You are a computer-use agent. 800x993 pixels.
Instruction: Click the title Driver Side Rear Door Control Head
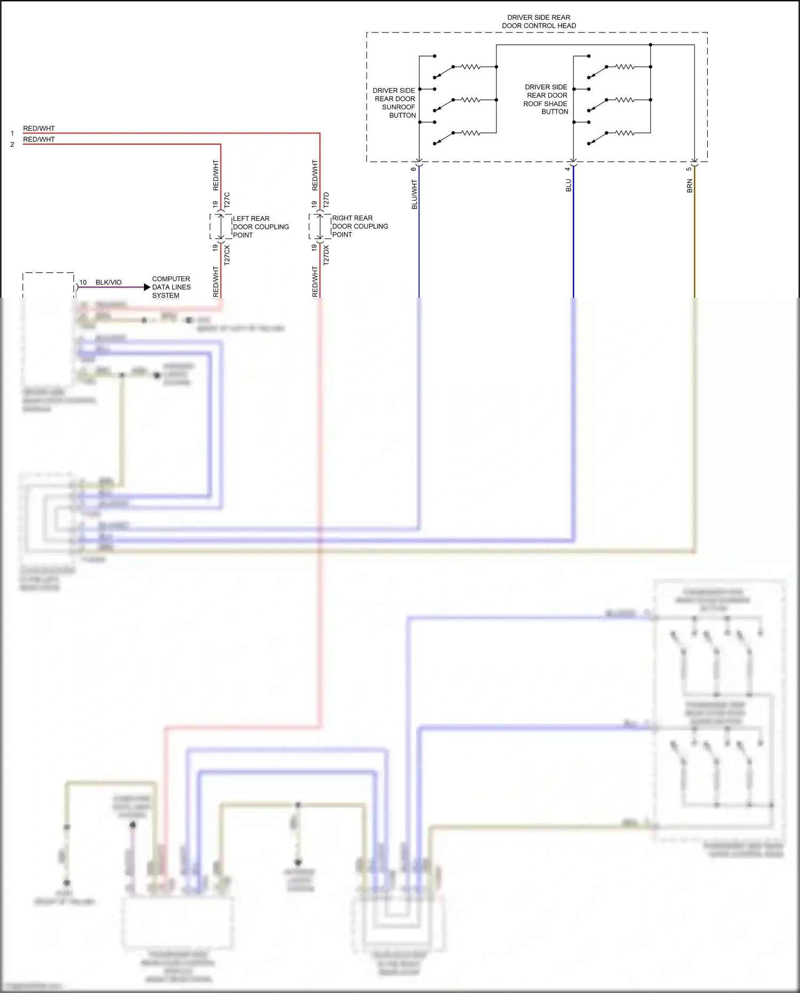pos(539,21)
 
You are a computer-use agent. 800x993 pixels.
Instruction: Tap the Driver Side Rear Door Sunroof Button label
pos(395,102)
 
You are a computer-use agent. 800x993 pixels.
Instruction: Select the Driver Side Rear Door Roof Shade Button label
pos(546,99)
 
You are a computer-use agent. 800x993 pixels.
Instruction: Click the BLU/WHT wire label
pos(414,194)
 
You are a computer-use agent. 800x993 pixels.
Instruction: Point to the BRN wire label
pos(690,186)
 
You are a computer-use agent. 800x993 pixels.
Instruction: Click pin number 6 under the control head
pos(413,169)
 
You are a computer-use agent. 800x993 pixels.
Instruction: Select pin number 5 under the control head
pos(689,169)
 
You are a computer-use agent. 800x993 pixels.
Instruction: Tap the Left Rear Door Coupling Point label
pos(260,227)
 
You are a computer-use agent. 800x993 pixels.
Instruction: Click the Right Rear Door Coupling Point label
pos(359,226)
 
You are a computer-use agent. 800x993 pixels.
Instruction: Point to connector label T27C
pos(227,200)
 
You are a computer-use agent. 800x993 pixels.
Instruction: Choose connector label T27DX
pos(326,255)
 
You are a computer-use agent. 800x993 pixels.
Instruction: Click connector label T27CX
pos(227,256)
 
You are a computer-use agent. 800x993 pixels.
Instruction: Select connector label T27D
pos(326,200)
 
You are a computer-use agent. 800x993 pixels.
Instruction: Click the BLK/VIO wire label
pos(108,282)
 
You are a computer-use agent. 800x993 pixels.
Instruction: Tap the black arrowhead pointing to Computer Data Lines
pos(147,287)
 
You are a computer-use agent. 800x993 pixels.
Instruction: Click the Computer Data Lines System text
pos(171,287)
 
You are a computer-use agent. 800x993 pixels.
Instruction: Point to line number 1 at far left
pos(12,133)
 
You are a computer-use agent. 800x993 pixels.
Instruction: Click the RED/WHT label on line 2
pos(38,139)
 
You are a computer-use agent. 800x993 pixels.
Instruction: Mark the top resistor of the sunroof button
pos(470,67)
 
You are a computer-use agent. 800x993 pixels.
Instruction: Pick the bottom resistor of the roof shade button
pos(625,133)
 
